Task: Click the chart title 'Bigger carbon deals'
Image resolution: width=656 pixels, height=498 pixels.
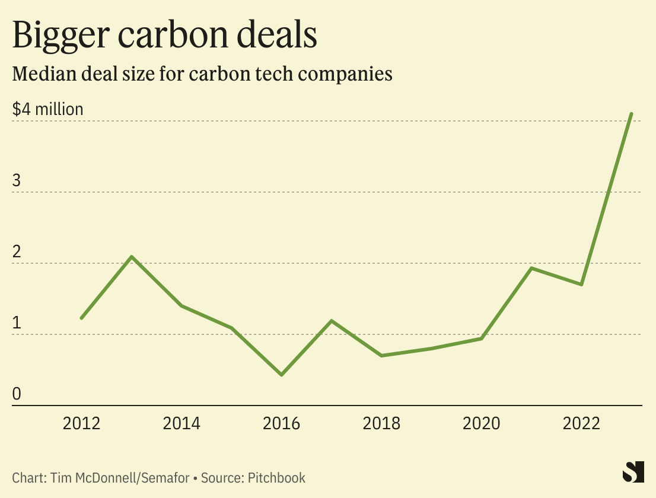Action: point(164,36)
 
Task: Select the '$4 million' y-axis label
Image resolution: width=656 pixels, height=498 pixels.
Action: point(48,110)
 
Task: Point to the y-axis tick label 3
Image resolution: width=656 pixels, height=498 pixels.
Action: point(17,181)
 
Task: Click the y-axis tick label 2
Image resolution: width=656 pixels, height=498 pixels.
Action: point(17,252)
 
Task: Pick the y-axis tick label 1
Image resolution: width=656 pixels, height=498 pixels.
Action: point(17,323)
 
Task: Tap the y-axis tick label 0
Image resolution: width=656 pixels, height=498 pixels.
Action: point(17,394)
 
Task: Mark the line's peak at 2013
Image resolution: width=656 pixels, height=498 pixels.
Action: point(132,257)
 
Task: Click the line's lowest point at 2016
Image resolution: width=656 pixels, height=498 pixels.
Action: point(281,375)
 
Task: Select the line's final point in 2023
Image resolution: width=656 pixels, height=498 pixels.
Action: point(632,114)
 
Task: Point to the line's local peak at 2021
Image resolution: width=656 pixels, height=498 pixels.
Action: point(532,269)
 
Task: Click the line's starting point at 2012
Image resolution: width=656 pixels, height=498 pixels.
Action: point(81,318)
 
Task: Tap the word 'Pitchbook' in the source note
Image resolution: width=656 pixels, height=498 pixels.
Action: point(277,477)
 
